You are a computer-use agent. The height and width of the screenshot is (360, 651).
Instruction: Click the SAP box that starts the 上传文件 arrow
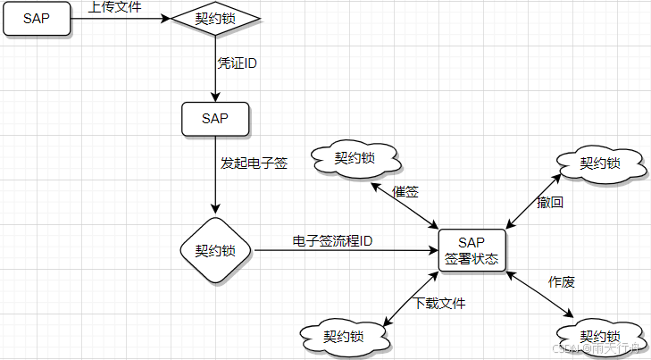point(37,18)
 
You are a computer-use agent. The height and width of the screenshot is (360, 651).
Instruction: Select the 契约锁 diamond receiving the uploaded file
point(215,18)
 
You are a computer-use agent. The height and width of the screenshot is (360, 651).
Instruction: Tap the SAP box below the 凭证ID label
point(215,119)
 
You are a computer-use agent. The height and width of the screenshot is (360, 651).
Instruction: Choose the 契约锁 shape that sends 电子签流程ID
point(215,249)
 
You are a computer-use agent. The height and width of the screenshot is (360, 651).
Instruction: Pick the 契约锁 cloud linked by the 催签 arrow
point(355,159)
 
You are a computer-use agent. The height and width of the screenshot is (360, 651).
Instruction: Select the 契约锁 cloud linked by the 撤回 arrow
point(599,163)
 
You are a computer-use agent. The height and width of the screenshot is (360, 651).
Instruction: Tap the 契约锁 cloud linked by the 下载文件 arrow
point(344,337)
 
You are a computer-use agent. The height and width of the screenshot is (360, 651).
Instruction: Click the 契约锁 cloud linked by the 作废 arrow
point(599,336)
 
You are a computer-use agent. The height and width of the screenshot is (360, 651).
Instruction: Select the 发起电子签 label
point(254,163)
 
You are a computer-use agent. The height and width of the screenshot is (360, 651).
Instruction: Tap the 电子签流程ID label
point(332,241)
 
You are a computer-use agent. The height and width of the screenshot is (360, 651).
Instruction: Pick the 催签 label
point(406,192)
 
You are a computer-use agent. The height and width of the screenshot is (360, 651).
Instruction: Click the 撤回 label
point(550,202)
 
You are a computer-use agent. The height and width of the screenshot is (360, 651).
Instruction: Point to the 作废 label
point(561,282)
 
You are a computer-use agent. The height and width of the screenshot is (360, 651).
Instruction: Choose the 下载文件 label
point(439,303)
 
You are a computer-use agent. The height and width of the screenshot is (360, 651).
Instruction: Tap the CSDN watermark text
point(594,350)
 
